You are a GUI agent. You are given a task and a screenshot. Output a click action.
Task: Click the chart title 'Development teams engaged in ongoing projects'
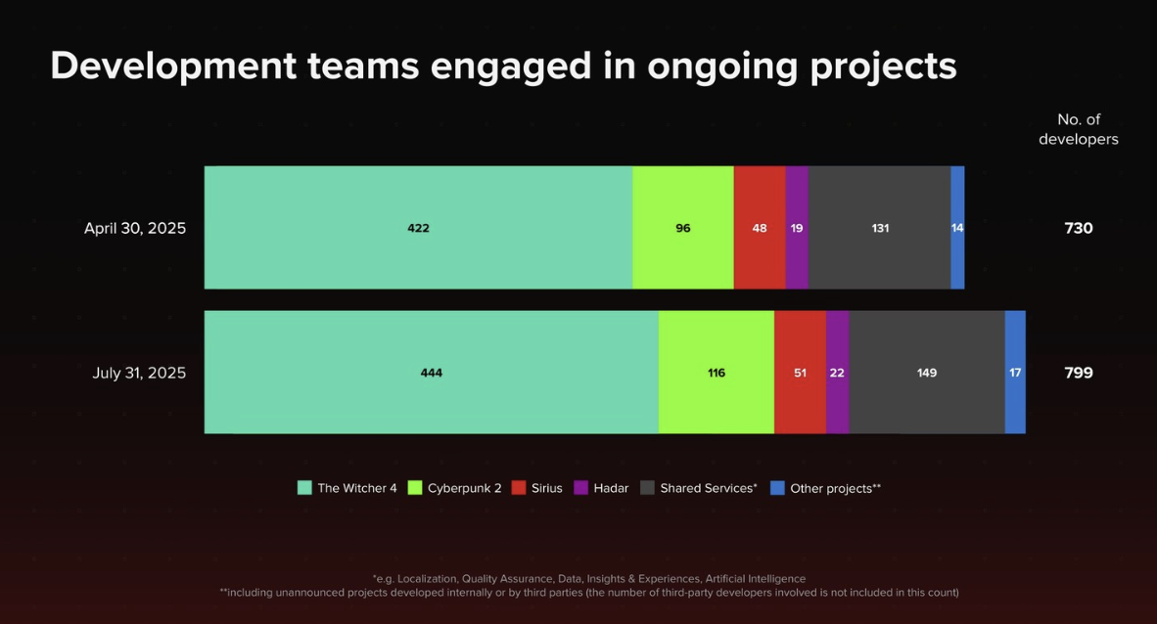coord(503,66)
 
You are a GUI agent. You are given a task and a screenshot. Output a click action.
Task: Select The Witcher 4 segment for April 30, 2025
coord(418,228)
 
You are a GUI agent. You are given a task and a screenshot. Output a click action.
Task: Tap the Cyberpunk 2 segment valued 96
coord(682,228)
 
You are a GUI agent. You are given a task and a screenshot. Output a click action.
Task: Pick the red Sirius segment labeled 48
coord(760,228)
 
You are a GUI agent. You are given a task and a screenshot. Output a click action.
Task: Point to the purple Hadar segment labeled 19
coord(797,228)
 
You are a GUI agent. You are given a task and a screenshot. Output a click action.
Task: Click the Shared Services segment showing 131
coord(879,228)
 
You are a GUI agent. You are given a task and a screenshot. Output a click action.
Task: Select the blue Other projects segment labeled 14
coord(957,228)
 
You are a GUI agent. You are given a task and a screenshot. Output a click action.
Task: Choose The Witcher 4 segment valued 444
coord(431,373)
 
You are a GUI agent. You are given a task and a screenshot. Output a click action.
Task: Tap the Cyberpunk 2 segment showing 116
coord(716,373)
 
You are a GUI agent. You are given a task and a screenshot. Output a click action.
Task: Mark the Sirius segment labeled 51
coord(800,373)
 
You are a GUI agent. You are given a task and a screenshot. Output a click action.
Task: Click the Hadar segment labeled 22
coord(837,373)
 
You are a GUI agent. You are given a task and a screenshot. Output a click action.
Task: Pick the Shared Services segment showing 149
coord(926,373)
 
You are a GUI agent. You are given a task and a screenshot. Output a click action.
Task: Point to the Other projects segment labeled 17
coord(1015,373)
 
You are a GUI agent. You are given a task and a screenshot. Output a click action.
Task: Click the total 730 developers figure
coord(1078,228)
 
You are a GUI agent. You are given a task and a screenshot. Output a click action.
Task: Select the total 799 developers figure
coord(1078,373)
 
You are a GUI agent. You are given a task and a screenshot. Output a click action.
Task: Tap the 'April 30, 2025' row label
coord(135,228)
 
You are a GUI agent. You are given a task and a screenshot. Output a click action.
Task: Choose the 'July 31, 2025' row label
coord(139,373)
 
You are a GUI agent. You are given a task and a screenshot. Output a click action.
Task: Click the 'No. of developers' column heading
coord(1078,129)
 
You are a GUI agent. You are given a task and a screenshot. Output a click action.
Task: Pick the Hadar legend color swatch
coord(580,488)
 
